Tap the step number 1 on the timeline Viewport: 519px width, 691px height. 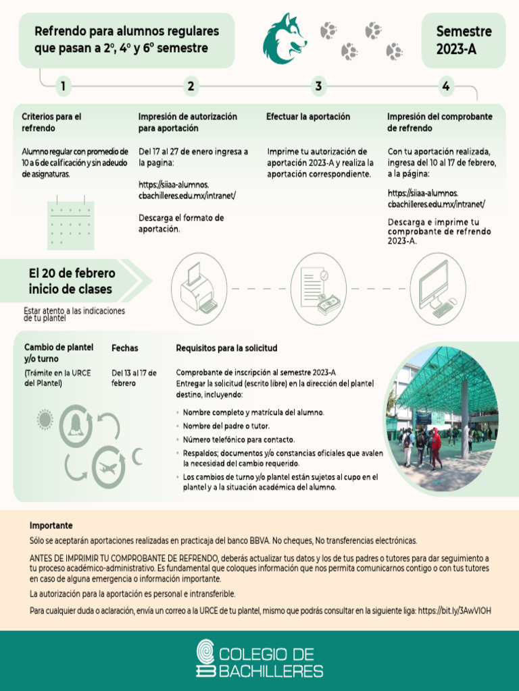tap(62, 86)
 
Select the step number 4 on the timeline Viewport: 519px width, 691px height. tap(445, 86)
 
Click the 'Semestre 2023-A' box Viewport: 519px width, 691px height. tap(463, 40)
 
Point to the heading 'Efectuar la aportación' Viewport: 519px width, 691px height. tap(307, 117)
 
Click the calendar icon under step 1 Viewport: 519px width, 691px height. tap(70, 223)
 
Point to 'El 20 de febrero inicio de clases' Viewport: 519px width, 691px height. tap(71, 281)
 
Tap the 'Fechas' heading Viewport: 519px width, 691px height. tap(124, 348)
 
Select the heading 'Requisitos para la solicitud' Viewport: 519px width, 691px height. tap(226, 348)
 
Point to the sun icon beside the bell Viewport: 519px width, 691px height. tap(45, 420)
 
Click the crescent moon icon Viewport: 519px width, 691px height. tap(138, 457)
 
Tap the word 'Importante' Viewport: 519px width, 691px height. tap(51, 525)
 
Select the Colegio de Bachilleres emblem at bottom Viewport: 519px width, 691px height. tap(205, 659)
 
